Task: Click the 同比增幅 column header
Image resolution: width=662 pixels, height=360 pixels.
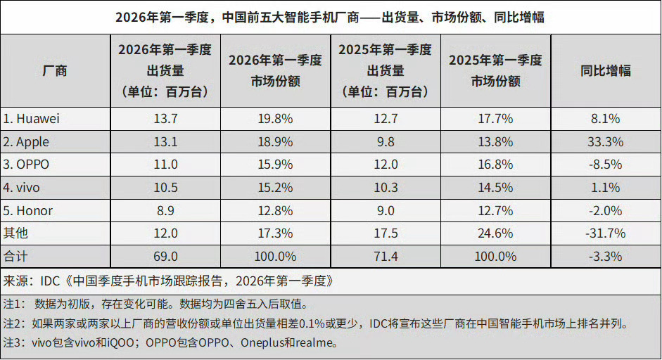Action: pos(605,70)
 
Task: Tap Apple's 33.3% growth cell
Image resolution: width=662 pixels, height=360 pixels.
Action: pos(605,142)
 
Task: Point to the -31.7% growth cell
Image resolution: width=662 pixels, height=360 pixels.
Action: pos(605,233)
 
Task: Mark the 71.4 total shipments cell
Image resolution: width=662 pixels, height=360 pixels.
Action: pos(385,256)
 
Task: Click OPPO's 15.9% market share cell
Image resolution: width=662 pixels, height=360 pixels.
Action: pos(275,165)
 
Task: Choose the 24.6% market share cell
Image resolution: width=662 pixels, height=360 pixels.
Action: pos(495,233)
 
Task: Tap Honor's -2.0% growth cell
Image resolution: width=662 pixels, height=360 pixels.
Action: pos(605,210)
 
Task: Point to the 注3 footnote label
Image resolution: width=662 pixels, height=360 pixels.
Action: pos(14,344)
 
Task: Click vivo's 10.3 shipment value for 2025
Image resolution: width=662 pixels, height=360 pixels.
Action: pos(385,188)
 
